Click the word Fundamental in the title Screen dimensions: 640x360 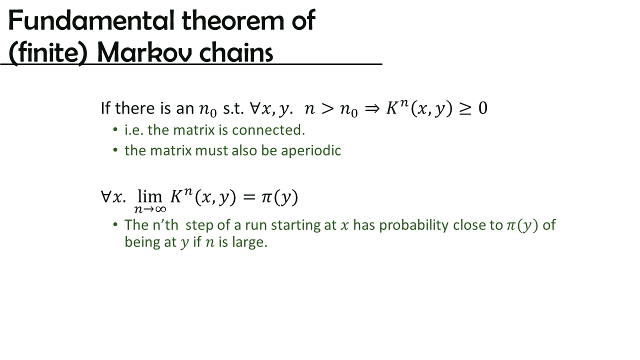tap(91, 20)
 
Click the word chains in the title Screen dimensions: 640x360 tap(236, 52)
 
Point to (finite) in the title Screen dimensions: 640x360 tap(47, 53)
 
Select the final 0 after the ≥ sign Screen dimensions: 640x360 tap(483, 108)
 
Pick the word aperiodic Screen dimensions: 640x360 tap(311, 151)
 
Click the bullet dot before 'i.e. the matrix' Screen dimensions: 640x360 tap(115, 130)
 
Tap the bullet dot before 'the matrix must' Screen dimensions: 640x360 tap(115, 150)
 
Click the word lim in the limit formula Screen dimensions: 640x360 tap(149, 196)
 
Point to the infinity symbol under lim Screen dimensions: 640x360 tap(160, 209)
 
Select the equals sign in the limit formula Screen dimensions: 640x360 tap(248, 197)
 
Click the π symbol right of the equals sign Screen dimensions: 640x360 tap(266, 197)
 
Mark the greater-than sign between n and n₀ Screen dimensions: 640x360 tap(327, 109)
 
